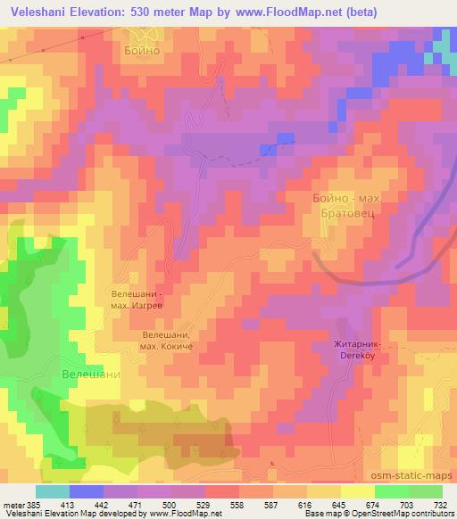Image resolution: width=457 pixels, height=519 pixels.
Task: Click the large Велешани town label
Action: tap(90, 375)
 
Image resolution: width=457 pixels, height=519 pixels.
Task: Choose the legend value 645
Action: tap(339, 504)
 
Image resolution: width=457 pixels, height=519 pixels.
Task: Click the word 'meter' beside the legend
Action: tap(14, 504)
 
